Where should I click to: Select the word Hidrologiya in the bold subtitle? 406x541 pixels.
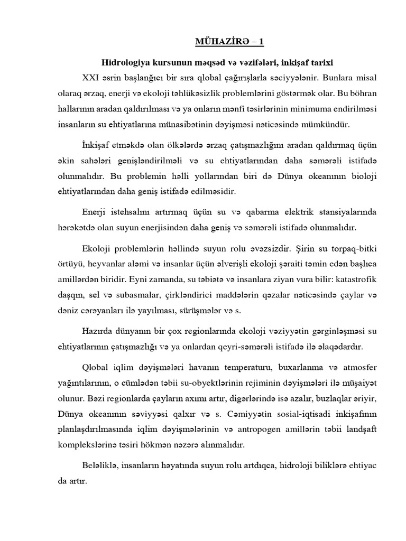pos(124,62)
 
